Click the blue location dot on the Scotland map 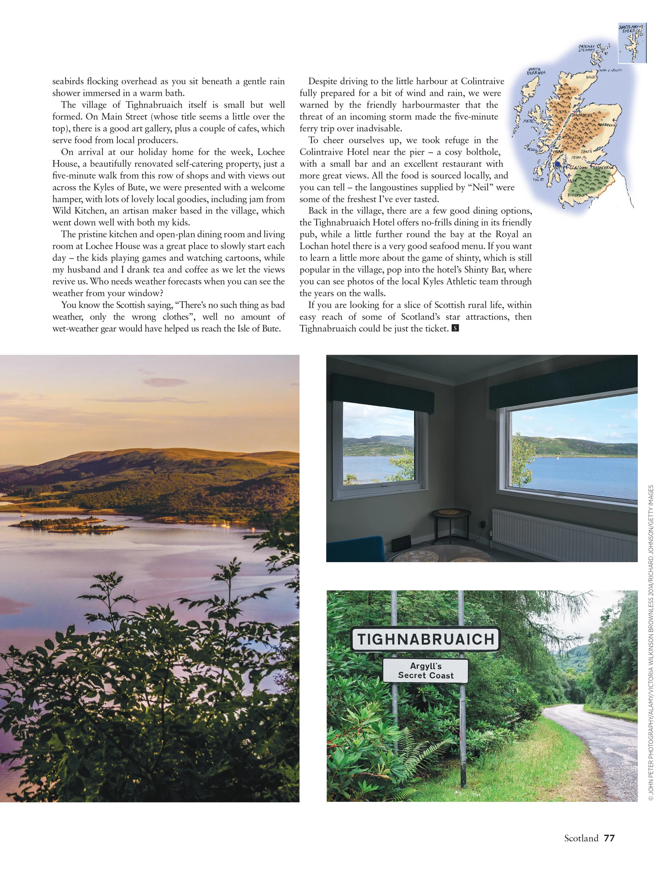pyautogui.click(x=558, y=164)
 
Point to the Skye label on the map pyautogui.click(x=528, y=121)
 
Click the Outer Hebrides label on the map pyautogui.click(x=536, y=71)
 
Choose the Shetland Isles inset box pyautogui.click(x=632, y=43)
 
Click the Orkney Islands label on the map pyautogui.click(x=586, y=48)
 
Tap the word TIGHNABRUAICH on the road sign pyautogui.click(x=425, y=639)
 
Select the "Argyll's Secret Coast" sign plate pyautogui.click(x=425, y=671)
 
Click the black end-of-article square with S pyautogui.click(x=455, y=328)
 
